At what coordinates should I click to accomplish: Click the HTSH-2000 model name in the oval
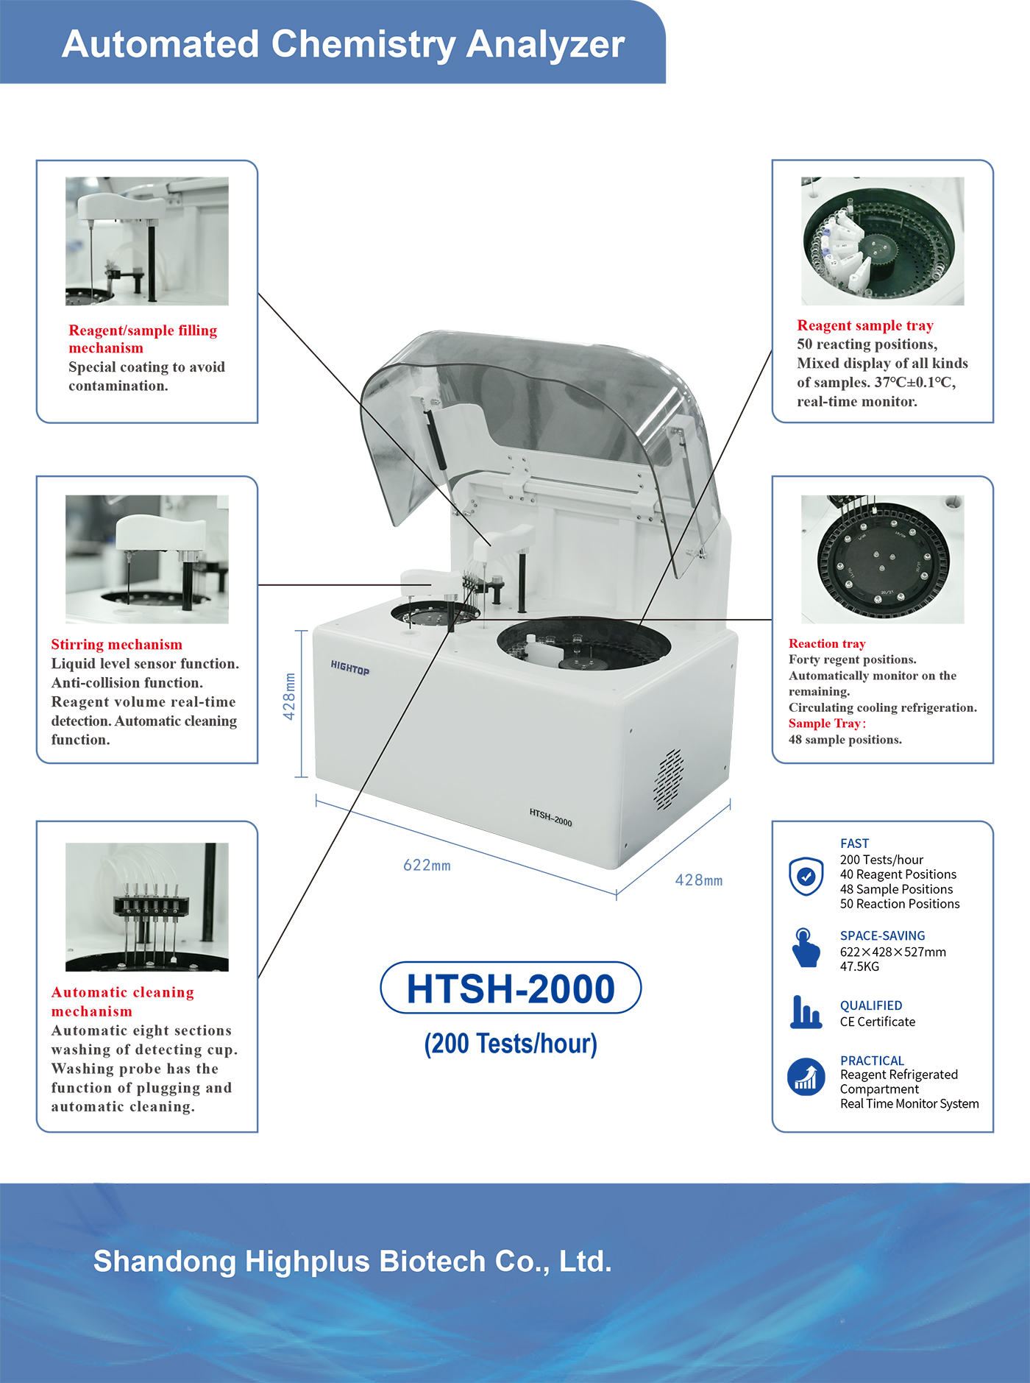(x=511, y=988)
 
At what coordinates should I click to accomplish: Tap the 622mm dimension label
(x=427, y=866)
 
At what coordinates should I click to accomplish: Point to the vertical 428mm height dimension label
(x=289, y=696)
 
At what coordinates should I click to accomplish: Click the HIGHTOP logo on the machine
(x=350, y=668)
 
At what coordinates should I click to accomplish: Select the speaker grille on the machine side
(x=668, y=780)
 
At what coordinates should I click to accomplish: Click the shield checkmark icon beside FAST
(x=806, y=876)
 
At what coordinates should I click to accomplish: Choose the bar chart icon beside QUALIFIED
(x=806, y=1012)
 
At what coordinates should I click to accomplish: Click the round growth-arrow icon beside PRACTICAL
(x=806, y=1078)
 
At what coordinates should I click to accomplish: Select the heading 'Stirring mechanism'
(x=116, y=645)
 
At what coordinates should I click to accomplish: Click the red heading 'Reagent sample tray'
(x=865, y=325)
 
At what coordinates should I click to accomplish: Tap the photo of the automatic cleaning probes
(x=147, y=907)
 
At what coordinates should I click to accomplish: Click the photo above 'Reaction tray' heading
(x=882, y=559)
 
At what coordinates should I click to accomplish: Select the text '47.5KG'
(x=859, y=966)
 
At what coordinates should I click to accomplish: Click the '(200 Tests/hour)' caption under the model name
(x=511, y=1044)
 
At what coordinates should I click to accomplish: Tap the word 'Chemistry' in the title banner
(x=364, y=44)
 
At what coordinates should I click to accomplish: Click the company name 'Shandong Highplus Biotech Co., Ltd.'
(x=352, y=1262)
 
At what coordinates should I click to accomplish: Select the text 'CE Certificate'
(x=878, y=1022)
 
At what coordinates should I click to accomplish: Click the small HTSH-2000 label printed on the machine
(x=550, y=817)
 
